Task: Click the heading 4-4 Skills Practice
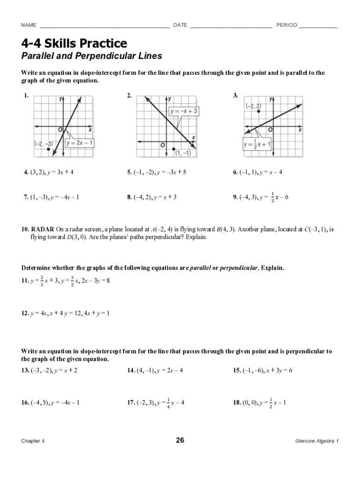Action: point(74,44)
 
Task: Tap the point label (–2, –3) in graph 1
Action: point(43,143)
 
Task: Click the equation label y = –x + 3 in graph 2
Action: point(184,111)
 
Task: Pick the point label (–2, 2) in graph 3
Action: point(253,106)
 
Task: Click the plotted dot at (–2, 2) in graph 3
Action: point(259,111)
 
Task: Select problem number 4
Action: point(27,172)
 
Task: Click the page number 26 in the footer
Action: point(180,440)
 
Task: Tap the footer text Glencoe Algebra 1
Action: point(317,441)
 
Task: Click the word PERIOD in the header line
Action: point(287,25)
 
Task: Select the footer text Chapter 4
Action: point(33,441)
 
